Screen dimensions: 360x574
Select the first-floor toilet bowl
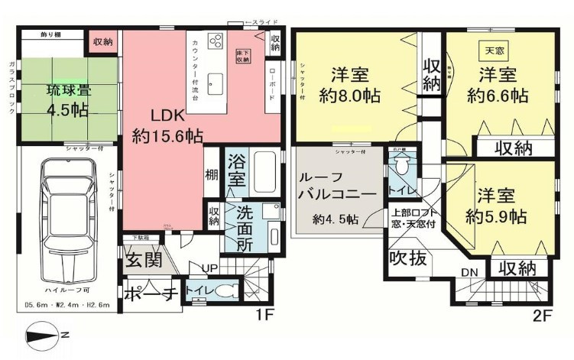click(223, 292)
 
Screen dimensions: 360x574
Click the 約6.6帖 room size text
click(498, 96)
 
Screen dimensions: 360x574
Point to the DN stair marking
click(470, 271)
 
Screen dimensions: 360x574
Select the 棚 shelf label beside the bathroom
click(212, 174)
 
